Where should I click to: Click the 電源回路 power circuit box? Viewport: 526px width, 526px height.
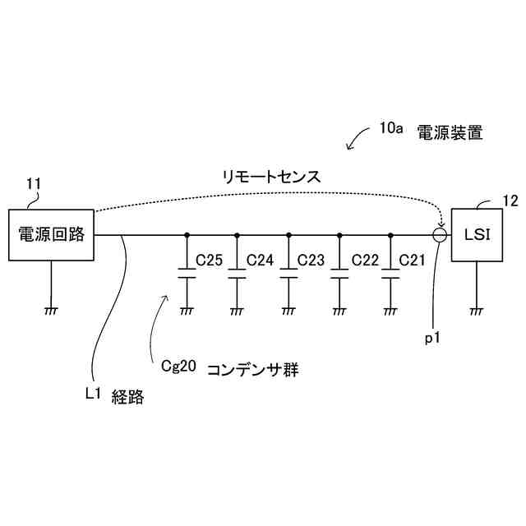51,234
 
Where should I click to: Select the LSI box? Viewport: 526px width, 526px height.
477,234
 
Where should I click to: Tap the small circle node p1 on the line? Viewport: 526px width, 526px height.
441,235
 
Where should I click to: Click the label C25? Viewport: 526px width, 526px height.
209,261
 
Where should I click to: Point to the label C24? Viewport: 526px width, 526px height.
260,261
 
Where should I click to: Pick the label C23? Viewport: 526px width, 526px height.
311,261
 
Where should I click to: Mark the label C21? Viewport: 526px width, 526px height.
413,261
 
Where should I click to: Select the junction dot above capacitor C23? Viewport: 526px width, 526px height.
288,235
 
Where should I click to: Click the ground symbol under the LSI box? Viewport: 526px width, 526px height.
477,310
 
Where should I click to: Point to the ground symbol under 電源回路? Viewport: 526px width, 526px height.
51,310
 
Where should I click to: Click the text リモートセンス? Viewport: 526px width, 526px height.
270,177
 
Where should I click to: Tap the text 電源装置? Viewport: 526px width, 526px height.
449,131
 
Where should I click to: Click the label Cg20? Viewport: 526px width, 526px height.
178,368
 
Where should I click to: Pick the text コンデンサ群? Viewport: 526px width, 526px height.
251,370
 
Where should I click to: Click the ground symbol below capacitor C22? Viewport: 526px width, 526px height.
339,310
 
